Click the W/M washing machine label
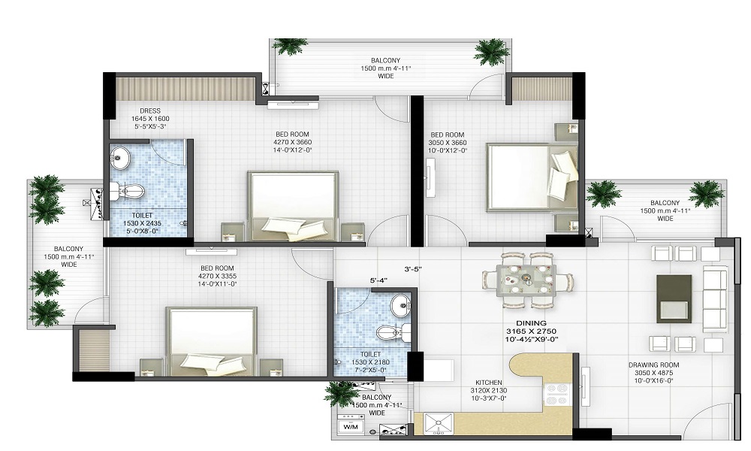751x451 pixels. [351, 427]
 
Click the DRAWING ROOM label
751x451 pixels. [651, 365]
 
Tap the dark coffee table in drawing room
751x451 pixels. [674, 298]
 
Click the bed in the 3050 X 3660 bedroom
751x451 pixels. [530, 177]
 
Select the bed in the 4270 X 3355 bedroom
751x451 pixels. [211, 341]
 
